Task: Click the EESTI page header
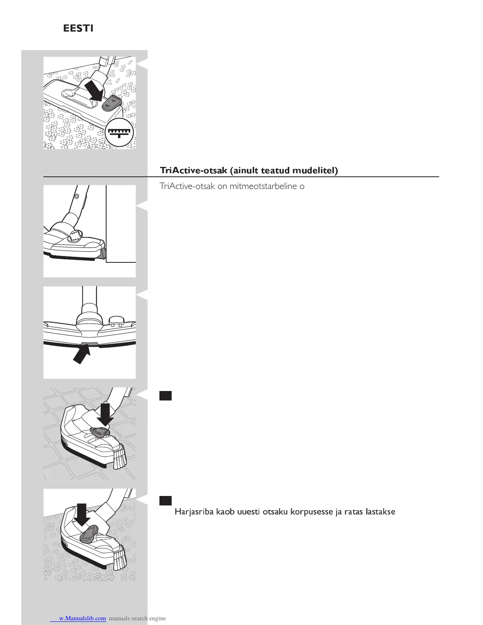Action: [78, 29]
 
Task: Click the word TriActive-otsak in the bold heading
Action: [193, 170]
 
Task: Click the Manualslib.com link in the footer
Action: [82, 618]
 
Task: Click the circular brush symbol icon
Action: [120, 132]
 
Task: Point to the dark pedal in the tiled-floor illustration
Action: [100, 431]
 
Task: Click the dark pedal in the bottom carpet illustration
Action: [89, 533]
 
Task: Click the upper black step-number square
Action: [165, 396]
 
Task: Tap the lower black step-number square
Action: [165, 501]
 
